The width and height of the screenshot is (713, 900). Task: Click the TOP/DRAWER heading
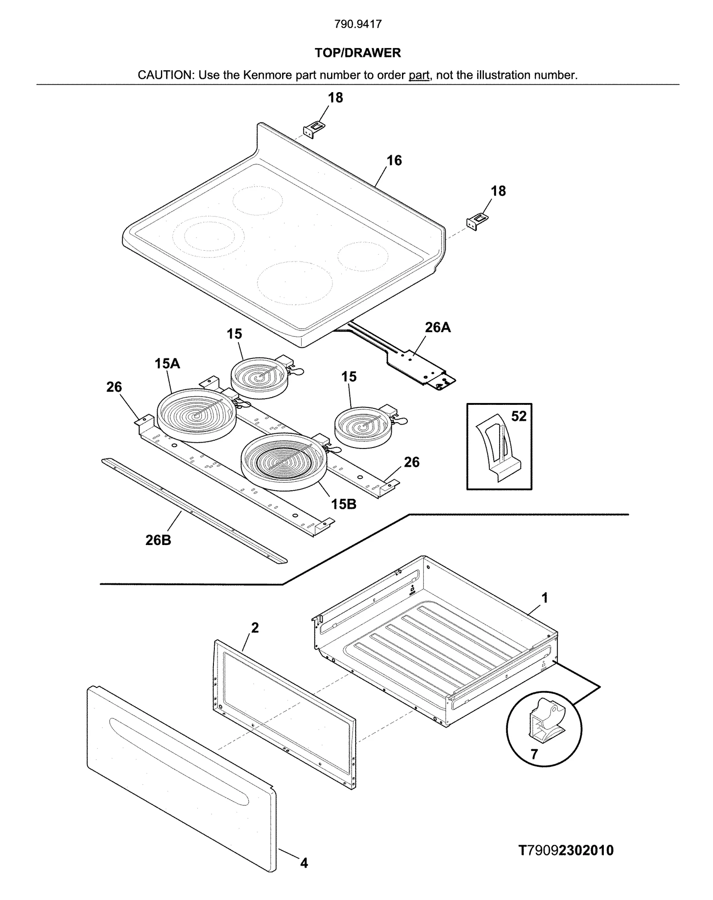pyautogui.click(x=357, y=53)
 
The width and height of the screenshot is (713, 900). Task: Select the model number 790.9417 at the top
pyautogui.click(x=358, y=24)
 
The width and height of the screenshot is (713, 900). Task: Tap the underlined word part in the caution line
pyautogui.click(x=418, y=75)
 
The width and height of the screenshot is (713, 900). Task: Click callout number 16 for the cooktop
pyautogui.click(x=394, y=160)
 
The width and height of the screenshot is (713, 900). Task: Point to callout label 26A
pyautogui.click(x=438, y=327)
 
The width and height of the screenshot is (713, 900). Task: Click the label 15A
pyautogui.click(x=167, y=363)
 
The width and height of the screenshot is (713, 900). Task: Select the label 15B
pyautogui.click(x=343, y=504)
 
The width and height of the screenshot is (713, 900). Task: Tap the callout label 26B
pyautogui.click(x=158, y=540)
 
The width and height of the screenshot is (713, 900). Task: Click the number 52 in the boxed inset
pyautogui.click(x=518, y=416)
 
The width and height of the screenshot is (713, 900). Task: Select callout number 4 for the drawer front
pyautogui.click(x=304, y=863)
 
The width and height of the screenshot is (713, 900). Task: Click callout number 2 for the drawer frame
pyautogui.click(x=254, y=628)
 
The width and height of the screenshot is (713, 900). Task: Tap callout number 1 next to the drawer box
pyautogui.click(x=544, y=598)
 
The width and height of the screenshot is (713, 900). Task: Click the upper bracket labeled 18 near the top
pyautogui.click(x=314, y=129)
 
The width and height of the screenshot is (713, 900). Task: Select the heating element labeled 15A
pyautogui.click(x=196, y=415)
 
